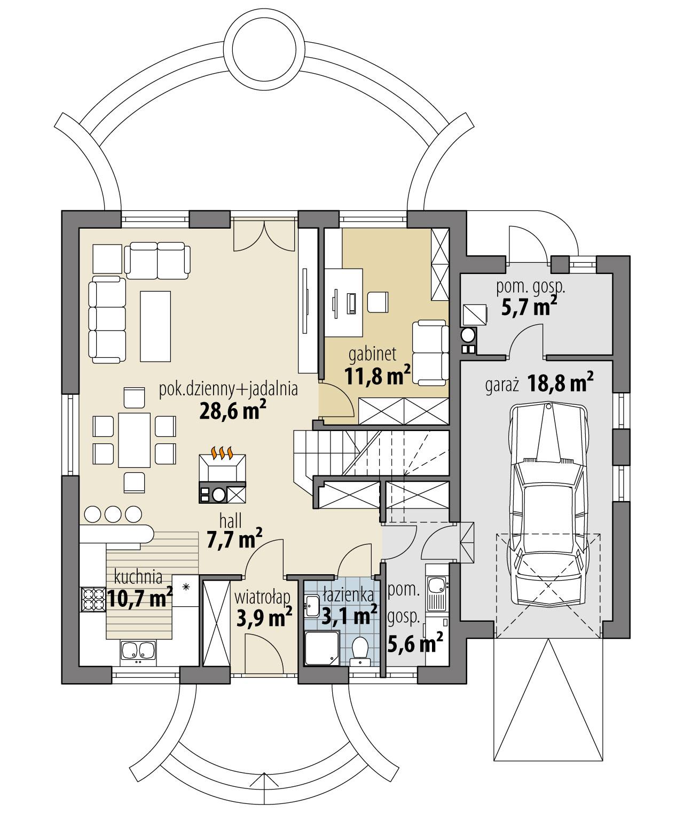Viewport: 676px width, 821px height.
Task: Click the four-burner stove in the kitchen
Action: click(92, 599)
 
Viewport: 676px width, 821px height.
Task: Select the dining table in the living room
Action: click(134, 439)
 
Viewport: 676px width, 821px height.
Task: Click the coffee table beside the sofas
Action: click(155, 325)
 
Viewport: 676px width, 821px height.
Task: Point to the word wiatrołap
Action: click(258, 596)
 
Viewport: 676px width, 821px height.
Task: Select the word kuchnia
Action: click(138, 577)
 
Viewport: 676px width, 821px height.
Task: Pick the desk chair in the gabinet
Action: click(379, 302)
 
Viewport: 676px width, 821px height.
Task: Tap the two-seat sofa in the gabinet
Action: click(431, 353)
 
